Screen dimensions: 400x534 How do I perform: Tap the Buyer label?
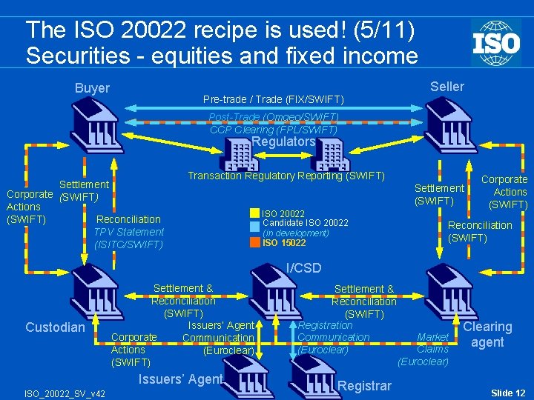click(x=92, y=88)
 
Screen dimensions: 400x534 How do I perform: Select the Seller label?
click(x=447, y=87)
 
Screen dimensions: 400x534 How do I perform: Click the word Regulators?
click(x=283, y=141)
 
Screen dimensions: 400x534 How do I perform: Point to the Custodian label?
click(x=56, y=327)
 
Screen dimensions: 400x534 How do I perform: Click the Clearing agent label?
click(x=487, y=334)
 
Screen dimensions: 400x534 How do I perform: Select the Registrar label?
click(x=363, y=385)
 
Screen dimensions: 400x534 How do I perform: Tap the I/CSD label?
click(x=303, y=267)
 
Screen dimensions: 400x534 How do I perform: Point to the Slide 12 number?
click(x=508, y=392)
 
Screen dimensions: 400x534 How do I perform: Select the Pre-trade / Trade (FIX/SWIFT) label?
click(x=274, y=99)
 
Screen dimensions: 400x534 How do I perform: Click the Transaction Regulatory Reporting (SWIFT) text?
click(x=286, y=176)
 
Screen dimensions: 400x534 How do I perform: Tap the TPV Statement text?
click(x=129, y=232)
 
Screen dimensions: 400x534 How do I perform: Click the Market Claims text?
click(x=433, y=342)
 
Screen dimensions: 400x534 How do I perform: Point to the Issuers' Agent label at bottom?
click(x=181, y=379)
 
